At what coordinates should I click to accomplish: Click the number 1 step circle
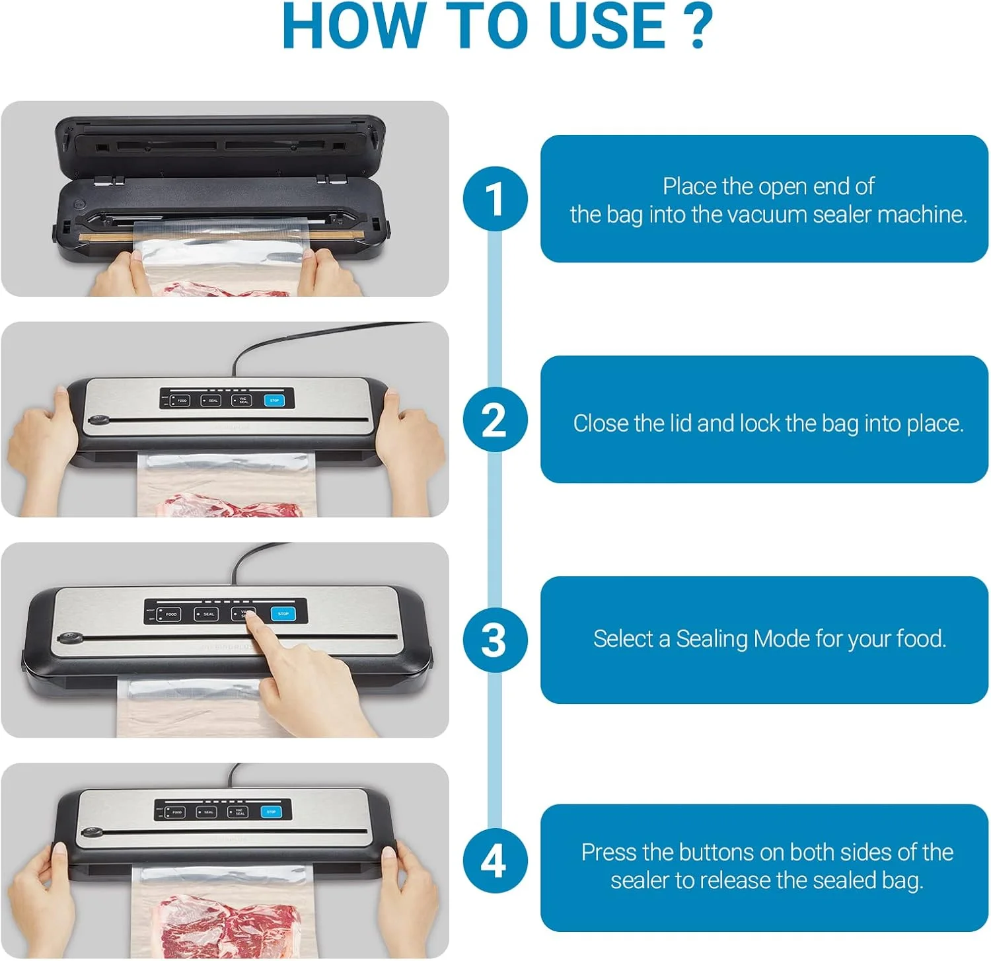(495, 198)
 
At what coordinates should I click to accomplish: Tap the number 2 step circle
(495, 420)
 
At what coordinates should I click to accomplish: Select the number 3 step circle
(495, 640)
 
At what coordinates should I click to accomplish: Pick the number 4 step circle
(495, 861)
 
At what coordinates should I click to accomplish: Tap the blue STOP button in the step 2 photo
(274, 400)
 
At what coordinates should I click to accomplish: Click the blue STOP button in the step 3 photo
(283, 613)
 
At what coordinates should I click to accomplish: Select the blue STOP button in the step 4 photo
(271, 812)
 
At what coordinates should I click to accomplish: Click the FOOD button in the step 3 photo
(168, 614)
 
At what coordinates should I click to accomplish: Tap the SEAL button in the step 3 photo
(206, 614)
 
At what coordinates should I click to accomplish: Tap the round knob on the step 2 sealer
(100, 420)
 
